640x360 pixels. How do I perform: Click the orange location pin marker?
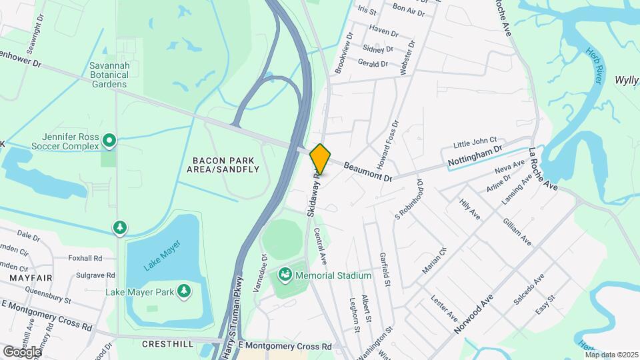pos(320,159)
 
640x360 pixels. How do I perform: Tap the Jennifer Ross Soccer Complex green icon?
pos(110,140)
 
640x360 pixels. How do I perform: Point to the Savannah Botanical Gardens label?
pos(109,75)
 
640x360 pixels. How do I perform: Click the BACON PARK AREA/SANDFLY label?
pos(225,165)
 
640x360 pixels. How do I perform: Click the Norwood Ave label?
pos(475,315)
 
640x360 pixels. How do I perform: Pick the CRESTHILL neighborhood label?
pos(167,344)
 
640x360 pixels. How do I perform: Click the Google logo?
pos(22,351)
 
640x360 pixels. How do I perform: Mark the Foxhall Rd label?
pos(85,258)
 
